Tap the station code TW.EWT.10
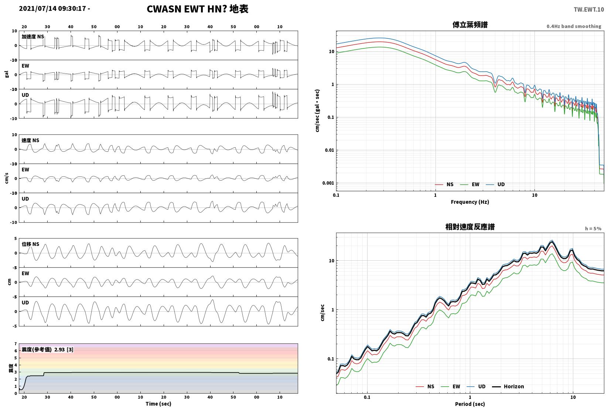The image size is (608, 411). pos(588,10)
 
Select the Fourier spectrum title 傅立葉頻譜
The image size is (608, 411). pos(470,25)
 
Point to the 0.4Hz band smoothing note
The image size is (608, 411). pos(574,26)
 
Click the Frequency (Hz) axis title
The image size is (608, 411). pos(469,202)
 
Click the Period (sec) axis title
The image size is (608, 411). pos(469,404)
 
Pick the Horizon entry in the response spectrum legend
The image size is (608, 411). pos(508,386)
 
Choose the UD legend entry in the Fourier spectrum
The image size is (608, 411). pos(495,185)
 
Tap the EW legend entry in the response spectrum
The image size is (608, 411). pos(451,386)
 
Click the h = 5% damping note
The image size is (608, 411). pos(593,229)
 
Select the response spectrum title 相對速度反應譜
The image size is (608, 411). pos(470,227)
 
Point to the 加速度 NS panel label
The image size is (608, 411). pos(33,37)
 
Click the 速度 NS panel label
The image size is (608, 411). pos(30,140)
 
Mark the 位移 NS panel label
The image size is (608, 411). pos(30,244)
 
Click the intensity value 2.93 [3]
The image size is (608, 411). pos(64,349)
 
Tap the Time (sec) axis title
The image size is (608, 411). pos(158,404)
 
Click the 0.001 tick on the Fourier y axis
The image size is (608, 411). pos(328,183)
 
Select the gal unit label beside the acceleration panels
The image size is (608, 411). pos(7,74)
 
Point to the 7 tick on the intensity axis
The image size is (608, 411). pos(16,344)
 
